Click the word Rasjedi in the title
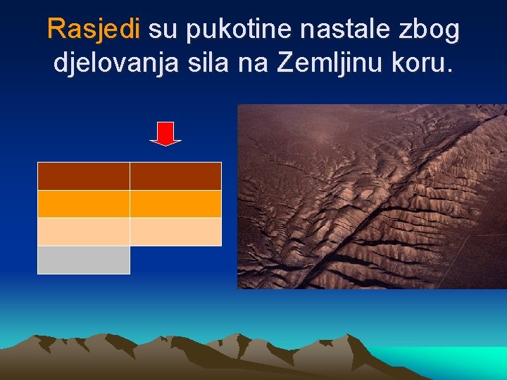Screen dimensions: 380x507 pyautogui.click(x=94, y=30)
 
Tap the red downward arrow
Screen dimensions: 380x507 pyautogui.click(x=165, y=133)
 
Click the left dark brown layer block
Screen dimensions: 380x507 pyautogui.click(x=83, y=176)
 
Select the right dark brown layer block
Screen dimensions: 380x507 pyautogui.click(x=175, y=176)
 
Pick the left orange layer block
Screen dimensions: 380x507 pyautogui.click(x=83, y=204)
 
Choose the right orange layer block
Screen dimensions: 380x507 pyautogui.click(x=175, y=204)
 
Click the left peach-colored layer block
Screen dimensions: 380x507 pyautogui.click(x=83, y=232)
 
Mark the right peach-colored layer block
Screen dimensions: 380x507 pyautogui.click(x=175, y=232)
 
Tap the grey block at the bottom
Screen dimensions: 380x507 pyautogui.click(x=83, y=260)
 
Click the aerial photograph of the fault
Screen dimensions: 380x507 pyautogui.click(x=371, y=196)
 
